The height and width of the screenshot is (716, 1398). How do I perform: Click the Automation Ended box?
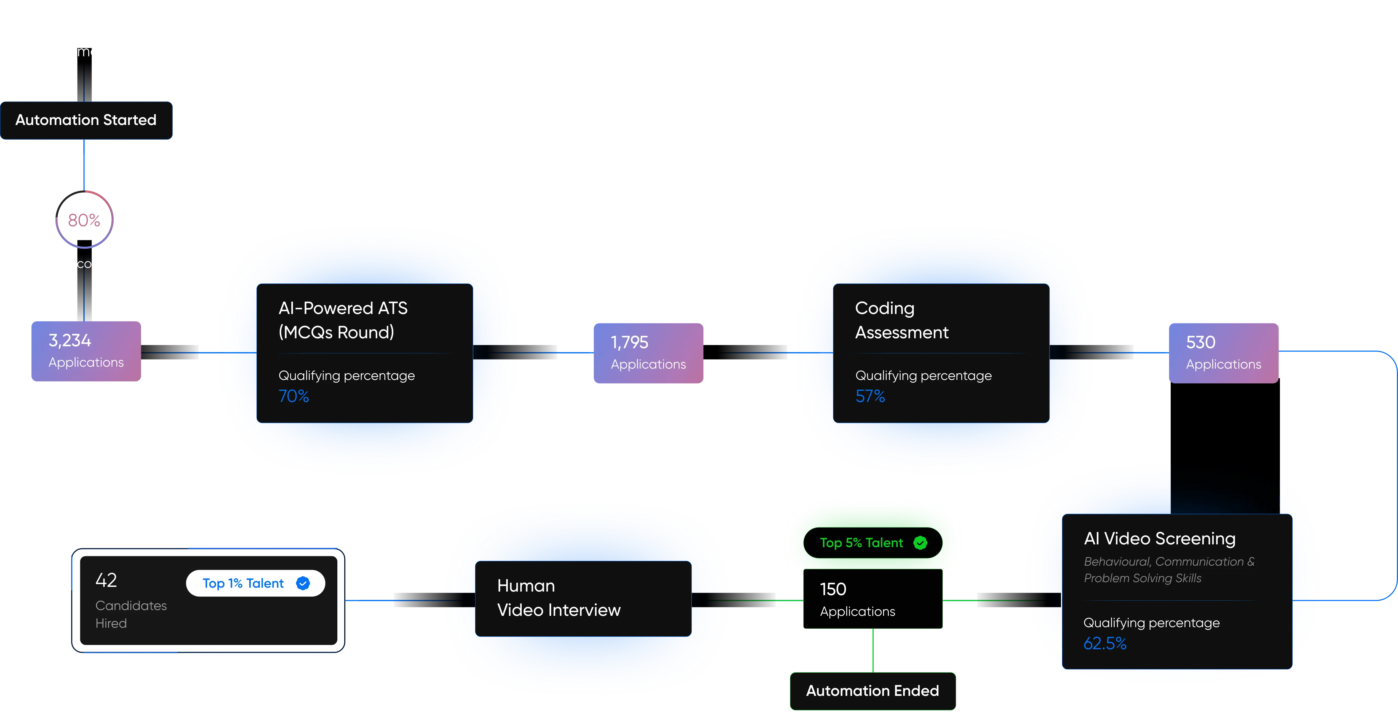[x=872, y=691]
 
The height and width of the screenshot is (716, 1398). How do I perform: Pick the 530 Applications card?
[x=1223, y=353]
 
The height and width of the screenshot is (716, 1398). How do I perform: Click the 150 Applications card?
[x=872, y=599]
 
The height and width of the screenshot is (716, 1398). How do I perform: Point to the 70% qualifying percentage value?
[x=294, y=396]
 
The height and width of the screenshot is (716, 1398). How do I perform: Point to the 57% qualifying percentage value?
[x=870, y=396]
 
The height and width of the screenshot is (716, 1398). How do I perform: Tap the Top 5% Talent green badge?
[x=872, y=543]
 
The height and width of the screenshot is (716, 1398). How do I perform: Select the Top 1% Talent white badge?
[x=255, y=583]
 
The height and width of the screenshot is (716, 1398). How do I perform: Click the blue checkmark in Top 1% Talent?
[x=303, y=583]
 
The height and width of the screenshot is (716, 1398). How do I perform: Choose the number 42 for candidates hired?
[x=106, y=580]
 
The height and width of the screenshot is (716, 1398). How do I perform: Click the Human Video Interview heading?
[x=558, y=598]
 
